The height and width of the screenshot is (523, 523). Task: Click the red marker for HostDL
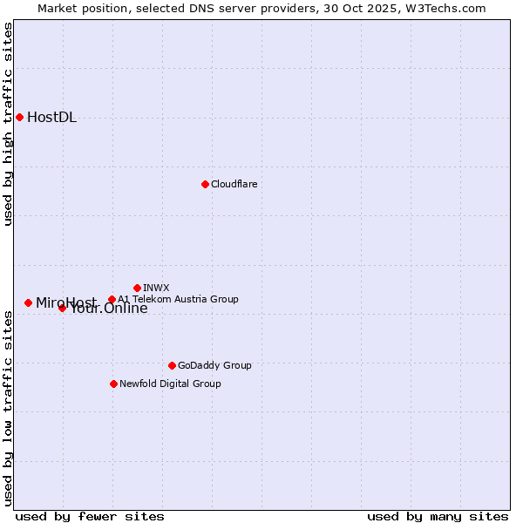point(19,117)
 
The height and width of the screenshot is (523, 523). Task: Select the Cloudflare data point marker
point(205,184)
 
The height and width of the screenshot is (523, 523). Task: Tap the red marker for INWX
point(137,288)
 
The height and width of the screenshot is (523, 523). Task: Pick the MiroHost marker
point(28,302)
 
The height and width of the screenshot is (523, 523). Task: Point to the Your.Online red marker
point(62,308)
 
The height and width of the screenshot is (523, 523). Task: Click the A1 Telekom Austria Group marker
point(112,299)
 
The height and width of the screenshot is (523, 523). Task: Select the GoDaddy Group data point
point(172,365)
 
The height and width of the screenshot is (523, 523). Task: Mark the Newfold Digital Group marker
point(113,384)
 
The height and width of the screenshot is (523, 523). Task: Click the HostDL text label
point(51,118)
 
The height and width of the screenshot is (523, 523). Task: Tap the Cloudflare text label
point(234,184)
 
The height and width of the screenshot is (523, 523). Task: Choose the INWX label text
point(156,288)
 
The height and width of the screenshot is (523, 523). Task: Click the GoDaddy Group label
point(214,365)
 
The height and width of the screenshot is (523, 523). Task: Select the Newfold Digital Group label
point(170,384)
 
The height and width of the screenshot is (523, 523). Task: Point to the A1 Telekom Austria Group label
point(178,299)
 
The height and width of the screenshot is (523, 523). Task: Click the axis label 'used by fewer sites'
point(90,516)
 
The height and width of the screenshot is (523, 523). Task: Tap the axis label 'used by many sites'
point(438,516)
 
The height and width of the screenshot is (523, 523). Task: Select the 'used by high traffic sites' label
point(9,124)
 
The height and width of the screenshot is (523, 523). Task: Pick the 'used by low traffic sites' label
point(9,408)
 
